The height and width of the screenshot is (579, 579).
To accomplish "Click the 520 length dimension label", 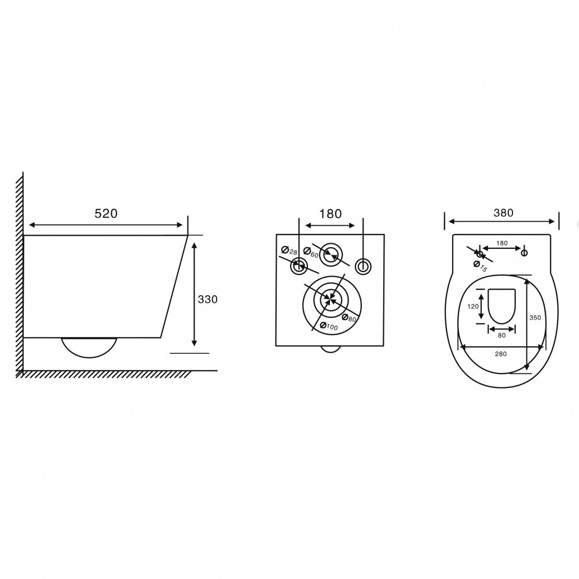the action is tap(106, 214).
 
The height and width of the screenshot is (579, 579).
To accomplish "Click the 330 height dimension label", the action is tap(207, 299).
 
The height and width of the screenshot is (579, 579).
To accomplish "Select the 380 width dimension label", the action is tap(503, 212).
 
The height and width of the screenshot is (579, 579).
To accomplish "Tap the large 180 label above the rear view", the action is tap(330, 214).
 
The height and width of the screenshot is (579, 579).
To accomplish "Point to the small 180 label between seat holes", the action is tap(502, 243).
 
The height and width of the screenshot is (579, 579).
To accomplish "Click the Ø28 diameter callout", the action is tap(289, 251).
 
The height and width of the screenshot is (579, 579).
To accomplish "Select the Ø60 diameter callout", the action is tap(311, 253).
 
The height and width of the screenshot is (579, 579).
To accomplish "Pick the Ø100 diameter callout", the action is tap(329, 326).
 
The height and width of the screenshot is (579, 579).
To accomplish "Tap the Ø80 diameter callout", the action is tap(349, 317).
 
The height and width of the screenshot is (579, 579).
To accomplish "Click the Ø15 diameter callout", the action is tap(481, 266).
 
